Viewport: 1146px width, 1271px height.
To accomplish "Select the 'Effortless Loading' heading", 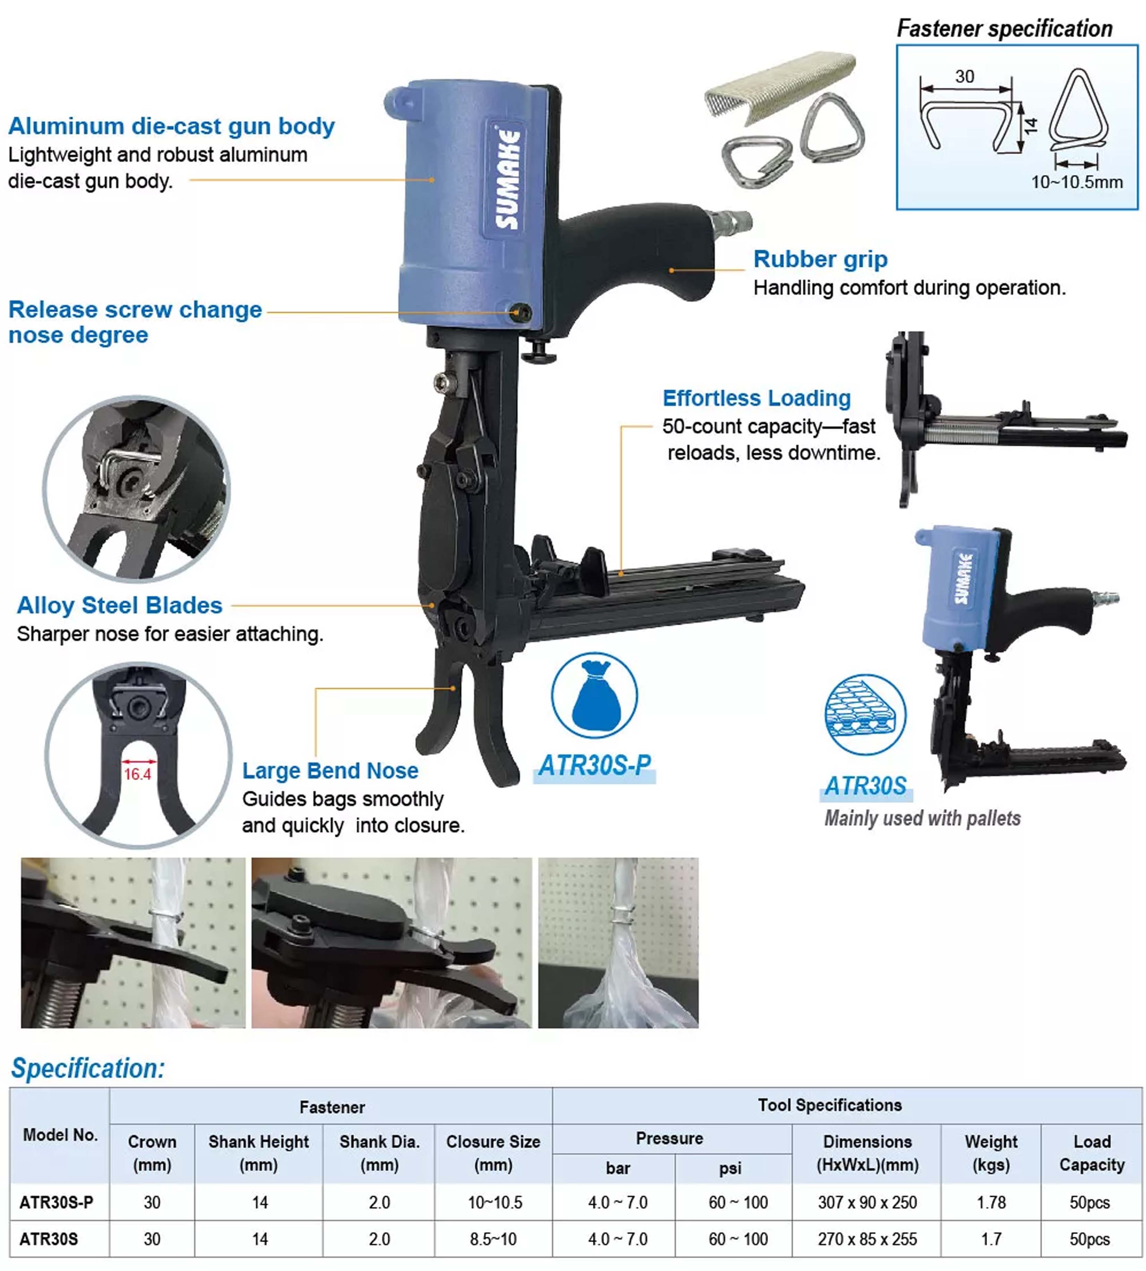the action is click(756, 398).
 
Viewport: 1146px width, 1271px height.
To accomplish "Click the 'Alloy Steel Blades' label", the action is click(120, 605).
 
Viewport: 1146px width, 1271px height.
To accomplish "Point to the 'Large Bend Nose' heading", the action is click(330, 771).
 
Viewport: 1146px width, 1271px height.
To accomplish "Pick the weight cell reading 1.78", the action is click(991, 1202).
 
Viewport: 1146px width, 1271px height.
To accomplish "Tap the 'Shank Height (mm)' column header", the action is click(259, 1153).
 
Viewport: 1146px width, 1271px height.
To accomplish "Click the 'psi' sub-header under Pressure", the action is click(730, 1168).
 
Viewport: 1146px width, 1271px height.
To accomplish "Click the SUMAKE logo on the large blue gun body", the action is click(508, 180).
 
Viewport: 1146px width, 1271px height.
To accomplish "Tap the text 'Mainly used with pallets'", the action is click(922, 818).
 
